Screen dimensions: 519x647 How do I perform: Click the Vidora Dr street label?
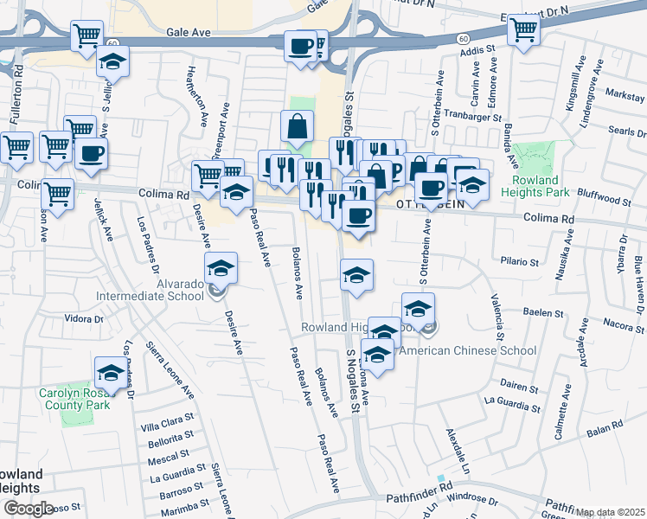(x=84, y=319)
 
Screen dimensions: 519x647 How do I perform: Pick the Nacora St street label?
(x=620, y=325)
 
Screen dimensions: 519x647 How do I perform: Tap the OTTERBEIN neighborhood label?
(x=430, y=205)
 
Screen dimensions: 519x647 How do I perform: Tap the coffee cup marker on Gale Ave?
(x=301, y=46)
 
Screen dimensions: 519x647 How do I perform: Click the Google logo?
(x=29, y=508)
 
